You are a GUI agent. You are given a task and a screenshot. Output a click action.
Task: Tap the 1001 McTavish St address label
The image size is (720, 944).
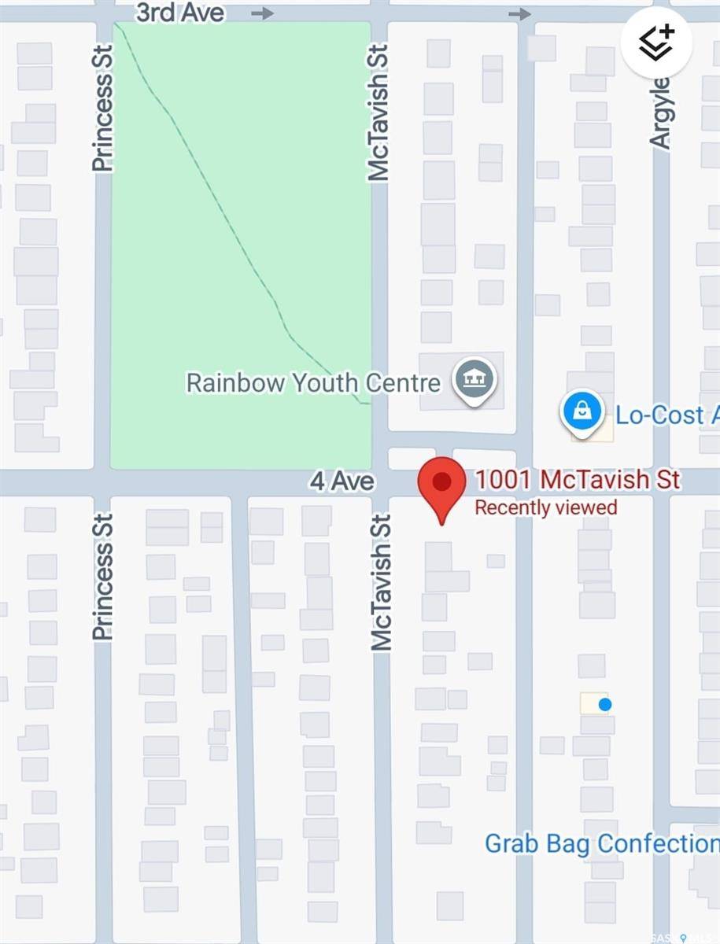point(578,479)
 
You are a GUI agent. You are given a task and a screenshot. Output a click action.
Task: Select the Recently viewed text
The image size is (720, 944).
point(545,507)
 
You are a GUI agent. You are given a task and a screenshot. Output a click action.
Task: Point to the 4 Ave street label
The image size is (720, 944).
point(342,481)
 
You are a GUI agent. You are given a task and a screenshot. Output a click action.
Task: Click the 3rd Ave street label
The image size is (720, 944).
point(179,13)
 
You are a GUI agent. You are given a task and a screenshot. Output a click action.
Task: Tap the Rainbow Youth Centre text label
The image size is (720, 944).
point(313,383)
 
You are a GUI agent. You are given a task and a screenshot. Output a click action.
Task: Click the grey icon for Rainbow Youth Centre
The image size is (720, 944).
point(474,381)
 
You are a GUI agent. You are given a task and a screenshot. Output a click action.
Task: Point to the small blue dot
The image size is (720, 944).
point(604,704)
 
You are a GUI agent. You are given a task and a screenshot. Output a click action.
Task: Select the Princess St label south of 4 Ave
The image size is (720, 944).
point(102,577)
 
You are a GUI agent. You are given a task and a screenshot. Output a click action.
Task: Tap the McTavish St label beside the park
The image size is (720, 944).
point(378,112)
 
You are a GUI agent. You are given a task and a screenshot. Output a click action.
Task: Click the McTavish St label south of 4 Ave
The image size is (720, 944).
point(382,582)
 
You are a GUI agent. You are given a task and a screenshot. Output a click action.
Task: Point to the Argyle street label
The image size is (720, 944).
point(660,112)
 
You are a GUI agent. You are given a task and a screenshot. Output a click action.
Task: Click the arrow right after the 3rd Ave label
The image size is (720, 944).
point(263,13)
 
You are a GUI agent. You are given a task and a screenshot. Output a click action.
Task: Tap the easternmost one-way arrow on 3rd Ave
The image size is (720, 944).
point(519,13)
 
